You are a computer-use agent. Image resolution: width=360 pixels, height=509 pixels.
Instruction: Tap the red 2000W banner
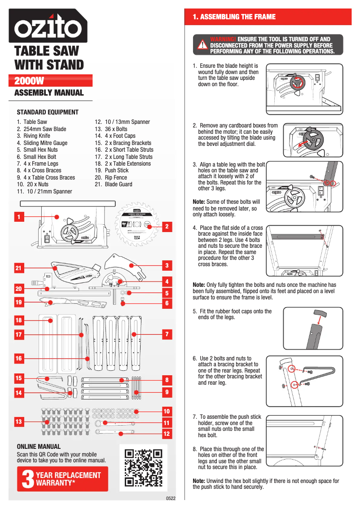pyautogui.click(x=53, y=81)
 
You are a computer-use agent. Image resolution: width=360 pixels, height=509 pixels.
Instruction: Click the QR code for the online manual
pyautogui.click(x=143, y=467)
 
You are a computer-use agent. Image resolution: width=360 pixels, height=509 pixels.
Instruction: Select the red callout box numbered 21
pyautogui.click(x=18, y=268)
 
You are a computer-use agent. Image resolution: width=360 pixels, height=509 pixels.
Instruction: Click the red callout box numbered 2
pyautogui.click(x=167, y=227)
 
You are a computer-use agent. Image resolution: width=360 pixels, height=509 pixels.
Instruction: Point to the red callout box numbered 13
pyautogui.click(x=18, y=422)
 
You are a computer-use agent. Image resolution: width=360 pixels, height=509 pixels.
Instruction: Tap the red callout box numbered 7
pyautogui.click(x=167, y=334)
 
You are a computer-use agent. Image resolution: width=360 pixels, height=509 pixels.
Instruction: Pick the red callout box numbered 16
pyautogui.click(x=18, y=359)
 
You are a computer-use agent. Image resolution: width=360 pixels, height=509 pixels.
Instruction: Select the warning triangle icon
pyautogui.click(x=203, y=46)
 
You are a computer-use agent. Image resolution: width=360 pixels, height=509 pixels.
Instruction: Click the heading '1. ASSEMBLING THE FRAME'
pyautogui.click(x=234, y=17)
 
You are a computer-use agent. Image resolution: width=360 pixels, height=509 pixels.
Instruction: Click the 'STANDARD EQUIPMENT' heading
pyautogui.click(x=47, y=112)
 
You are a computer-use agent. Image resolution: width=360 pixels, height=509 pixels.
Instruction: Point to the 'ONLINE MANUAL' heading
pyautogui.click(x=38, y=447)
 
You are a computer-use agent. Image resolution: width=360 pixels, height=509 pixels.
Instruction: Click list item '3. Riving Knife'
pyautogui.click(x=36, y=136)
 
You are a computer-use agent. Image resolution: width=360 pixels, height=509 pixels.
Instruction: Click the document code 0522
pyautogui.click(x=171, y=498)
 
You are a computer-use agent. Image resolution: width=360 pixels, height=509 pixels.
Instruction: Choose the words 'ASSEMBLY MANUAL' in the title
pyautogui.click(x=49, y=93)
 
